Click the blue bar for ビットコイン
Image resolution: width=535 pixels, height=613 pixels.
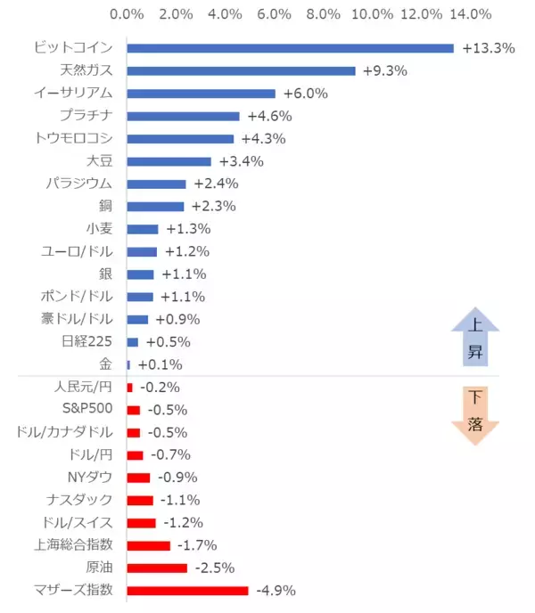click(290, 48)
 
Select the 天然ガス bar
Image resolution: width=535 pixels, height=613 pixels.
click(241, 70)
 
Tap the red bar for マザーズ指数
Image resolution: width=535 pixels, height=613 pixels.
click(187, 590)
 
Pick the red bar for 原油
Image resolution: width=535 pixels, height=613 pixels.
click(157, 568)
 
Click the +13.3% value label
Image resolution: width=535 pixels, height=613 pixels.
click(489, 48)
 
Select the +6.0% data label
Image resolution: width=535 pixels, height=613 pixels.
click(306, 94)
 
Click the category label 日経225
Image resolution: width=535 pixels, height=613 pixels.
click(87, 342)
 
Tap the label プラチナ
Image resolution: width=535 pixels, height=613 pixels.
click(86, 116)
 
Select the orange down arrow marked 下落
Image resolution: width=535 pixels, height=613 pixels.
click(475, 412)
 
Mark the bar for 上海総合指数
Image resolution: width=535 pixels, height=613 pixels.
click(148, 545)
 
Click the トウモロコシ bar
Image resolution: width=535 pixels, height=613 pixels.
click(180, 139)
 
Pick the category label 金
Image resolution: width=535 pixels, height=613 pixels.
click(106, 364)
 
